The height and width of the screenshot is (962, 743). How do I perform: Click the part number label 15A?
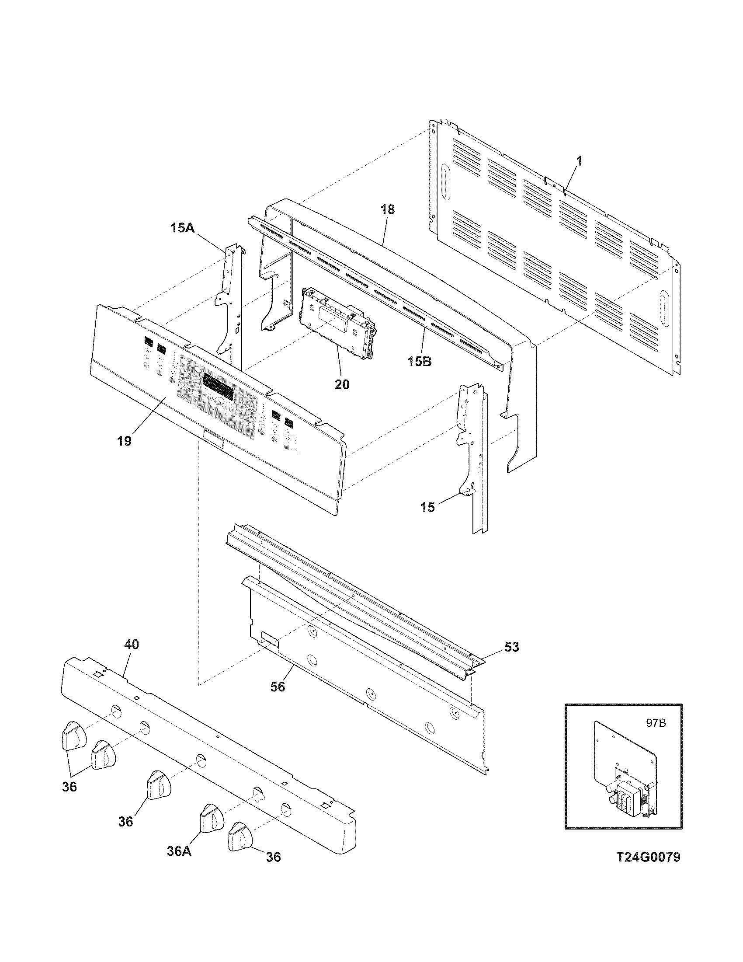tap(183, 228)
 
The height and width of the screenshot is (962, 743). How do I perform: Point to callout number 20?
tap(342, 384)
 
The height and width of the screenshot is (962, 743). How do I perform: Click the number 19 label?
tap(125, 441)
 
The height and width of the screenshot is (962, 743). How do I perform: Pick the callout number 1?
tap(579, 162)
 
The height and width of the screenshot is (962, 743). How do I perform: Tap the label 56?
tap(278, 686)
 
